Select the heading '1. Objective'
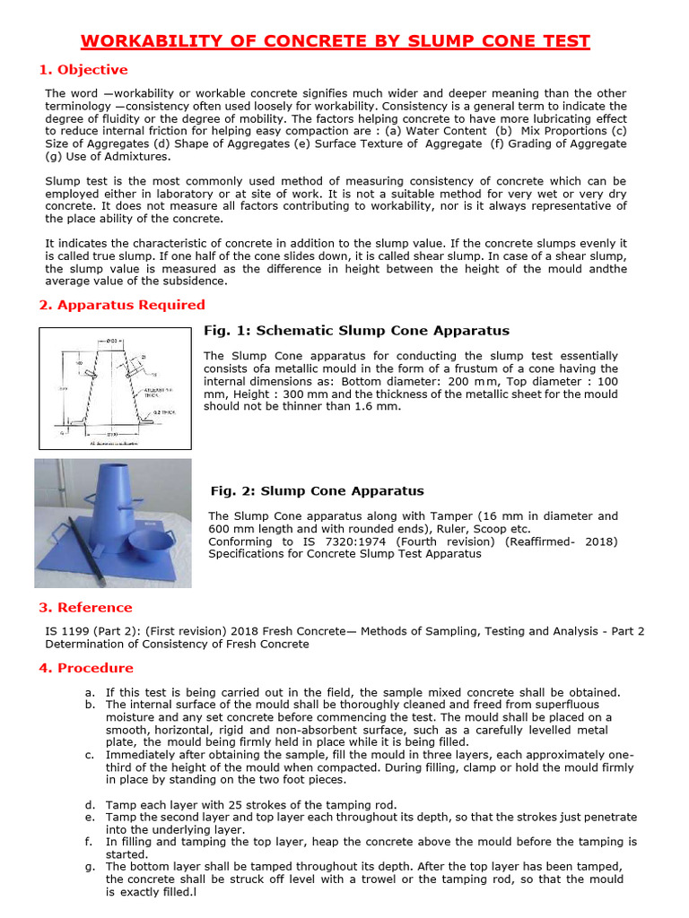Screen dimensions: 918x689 [x=83, y=70]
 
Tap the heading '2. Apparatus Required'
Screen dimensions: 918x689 [x=122, y=305]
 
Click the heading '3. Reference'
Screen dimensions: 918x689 [x=85, y=607]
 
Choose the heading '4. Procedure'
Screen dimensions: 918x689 [x=86, y=668]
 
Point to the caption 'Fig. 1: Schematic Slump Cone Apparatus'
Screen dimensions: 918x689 [x=356, y=331]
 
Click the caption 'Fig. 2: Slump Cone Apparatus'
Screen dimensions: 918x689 [x=317, y=490]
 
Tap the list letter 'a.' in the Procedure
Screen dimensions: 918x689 [x=90, y=692]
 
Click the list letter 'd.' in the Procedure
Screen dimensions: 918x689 [x=90, y=804]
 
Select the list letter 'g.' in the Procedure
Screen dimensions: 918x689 [x=90, y=867]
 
